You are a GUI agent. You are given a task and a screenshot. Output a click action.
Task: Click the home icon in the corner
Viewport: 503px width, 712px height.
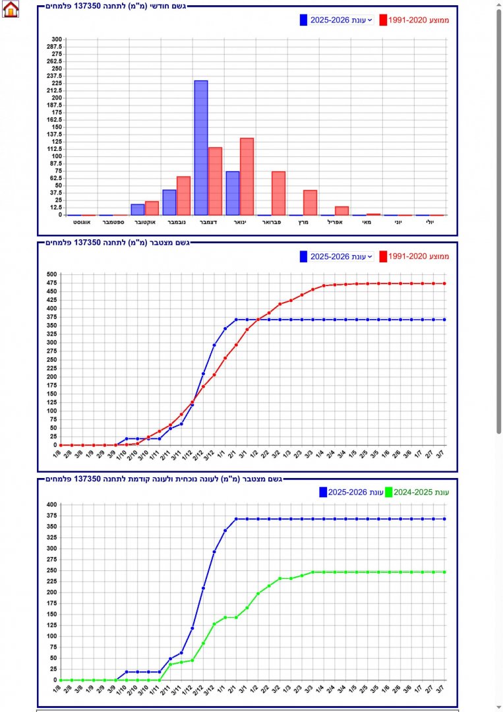11,9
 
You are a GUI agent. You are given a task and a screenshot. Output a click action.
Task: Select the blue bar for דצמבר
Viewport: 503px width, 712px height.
201,148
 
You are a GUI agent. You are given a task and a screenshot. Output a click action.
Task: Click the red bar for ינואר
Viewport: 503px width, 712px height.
247,176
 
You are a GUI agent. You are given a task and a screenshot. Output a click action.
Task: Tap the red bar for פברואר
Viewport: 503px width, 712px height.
278,193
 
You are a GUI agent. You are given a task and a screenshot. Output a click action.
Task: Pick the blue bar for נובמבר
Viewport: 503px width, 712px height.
169,202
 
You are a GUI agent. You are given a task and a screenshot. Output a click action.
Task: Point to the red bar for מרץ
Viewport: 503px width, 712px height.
310,202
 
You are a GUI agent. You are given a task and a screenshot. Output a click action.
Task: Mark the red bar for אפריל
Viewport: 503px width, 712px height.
341,211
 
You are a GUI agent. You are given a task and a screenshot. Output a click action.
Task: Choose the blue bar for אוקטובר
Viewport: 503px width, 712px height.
138,210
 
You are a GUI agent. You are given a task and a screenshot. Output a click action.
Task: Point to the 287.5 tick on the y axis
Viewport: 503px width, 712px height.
55,47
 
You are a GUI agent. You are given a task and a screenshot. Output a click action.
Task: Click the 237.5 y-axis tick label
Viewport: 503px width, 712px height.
55,76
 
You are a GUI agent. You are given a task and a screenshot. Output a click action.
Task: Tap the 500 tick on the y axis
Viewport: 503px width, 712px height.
51,274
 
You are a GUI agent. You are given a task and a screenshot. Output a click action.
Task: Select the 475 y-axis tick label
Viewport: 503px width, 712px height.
51,283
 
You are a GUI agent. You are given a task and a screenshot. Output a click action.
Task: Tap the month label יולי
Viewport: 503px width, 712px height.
429,223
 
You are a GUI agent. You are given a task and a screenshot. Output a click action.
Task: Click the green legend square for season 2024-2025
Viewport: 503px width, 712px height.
389,492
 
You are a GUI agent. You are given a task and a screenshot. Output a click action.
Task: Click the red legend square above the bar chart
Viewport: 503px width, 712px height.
382,20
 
